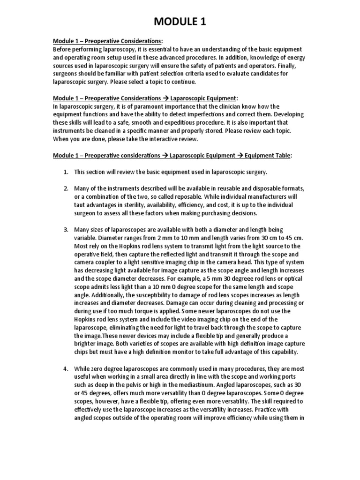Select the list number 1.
66,172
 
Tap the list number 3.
66,230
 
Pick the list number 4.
66,369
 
